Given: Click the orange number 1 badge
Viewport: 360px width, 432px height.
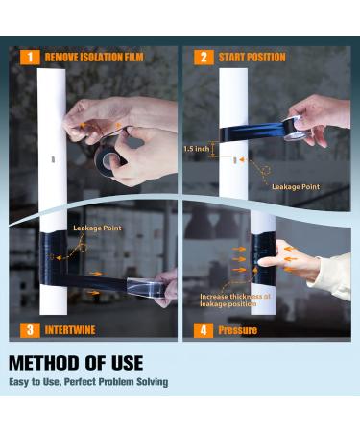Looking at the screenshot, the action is click(x=30, y=58).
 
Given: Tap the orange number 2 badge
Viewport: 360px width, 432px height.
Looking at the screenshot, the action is click(x=204, y=58).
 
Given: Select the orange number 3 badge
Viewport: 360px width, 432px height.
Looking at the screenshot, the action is click(x=30, y=330).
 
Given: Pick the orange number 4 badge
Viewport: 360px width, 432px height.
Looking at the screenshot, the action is click(x=204, y=330).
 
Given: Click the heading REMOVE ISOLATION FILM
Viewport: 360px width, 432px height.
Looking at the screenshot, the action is click(x=94, y=58).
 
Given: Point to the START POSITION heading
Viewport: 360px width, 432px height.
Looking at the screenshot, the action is click(x=252, y=58).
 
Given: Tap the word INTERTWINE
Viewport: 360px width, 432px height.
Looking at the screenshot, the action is click(x=70, y=330).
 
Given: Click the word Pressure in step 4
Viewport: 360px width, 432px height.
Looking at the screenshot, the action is click(x=238, y=330).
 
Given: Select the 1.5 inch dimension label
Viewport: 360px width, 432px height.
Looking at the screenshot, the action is click(x=197, y=149).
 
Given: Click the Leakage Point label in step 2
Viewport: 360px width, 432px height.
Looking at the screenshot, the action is click(x=296, y=187).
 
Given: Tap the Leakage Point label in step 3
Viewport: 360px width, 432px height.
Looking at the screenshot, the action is click(x=97, y=228).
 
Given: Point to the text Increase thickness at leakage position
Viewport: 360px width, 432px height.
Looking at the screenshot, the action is click(x=235, y=300).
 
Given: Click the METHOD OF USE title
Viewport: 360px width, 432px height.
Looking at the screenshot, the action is click(x=76, y=363).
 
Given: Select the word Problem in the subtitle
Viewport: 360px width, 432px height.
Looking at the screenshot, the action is click(x=116, y=382).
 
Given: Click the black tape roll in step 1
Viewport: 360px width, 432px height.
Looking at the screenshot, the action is click(x=108, y=158).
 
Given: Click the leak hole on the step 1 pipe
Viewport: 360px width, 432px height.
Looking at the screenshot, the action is click(x=53, y=159).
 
